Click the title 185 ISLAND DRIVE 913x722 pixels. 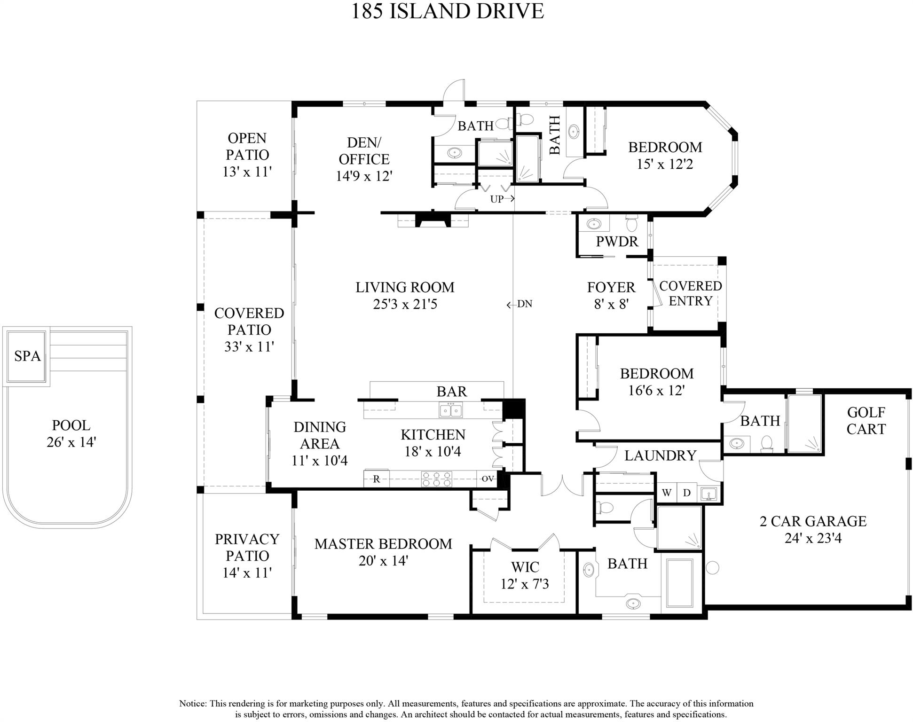pos(447,11)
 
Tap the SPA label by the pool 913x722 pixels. pos(27,356)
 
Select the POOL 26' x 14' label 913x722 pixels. pos(71,433)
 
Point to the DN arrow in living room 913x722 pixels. pos(519,304)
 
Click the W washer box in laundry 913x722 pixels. pos(666,493)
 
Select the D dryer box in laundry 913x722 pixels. pos(686,493)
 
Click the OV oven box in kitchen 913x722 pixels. pos(488,479)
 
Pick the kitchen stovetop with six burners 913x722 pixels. pos(437,479)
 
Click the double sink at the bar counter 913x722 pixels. pos(450,410)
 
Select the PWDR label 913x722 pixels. pos(617,242)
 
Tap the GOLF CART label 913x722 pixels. pos(866,421)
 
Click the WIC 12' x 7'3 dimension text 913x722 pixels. pos(525,584)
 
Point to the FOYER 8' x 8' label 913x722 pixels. pos(611,295)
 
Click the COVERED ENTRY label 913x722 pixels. pos(690,293)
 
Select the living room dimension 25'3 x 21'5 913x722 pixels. pos(405,304)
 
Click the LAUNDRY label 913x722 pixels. pos(660,455)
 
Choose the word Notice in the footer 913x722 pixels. pos(192,704)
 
